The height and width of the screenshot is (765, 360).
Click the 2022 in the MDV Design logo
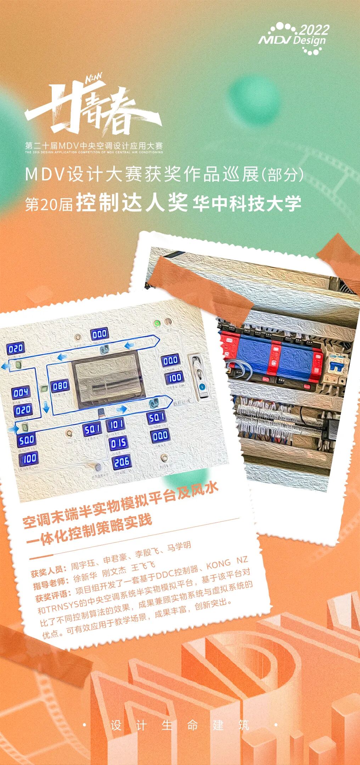pos(314,30)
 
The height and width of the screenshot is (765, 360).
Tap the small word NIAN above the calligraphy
pos(94,78)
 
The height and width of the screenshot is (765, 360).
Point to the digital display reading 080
pos(60,385)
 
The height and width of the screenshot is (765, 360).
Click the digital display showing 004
pos(21,392)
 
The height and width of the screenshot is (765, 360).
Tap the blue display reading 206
pos(122,462)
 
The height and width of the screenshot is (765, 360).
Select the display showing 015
pos(118,443)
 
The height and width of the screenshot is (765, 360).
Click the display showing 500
pos(27,440)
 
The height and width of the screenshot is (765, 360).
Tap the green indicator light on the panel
pos(156,323)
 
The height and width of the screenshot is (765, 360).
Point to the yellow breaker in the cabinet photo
pos(337,365)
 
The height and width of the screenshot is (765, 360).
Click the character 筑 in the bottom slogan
pos(244,725)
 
